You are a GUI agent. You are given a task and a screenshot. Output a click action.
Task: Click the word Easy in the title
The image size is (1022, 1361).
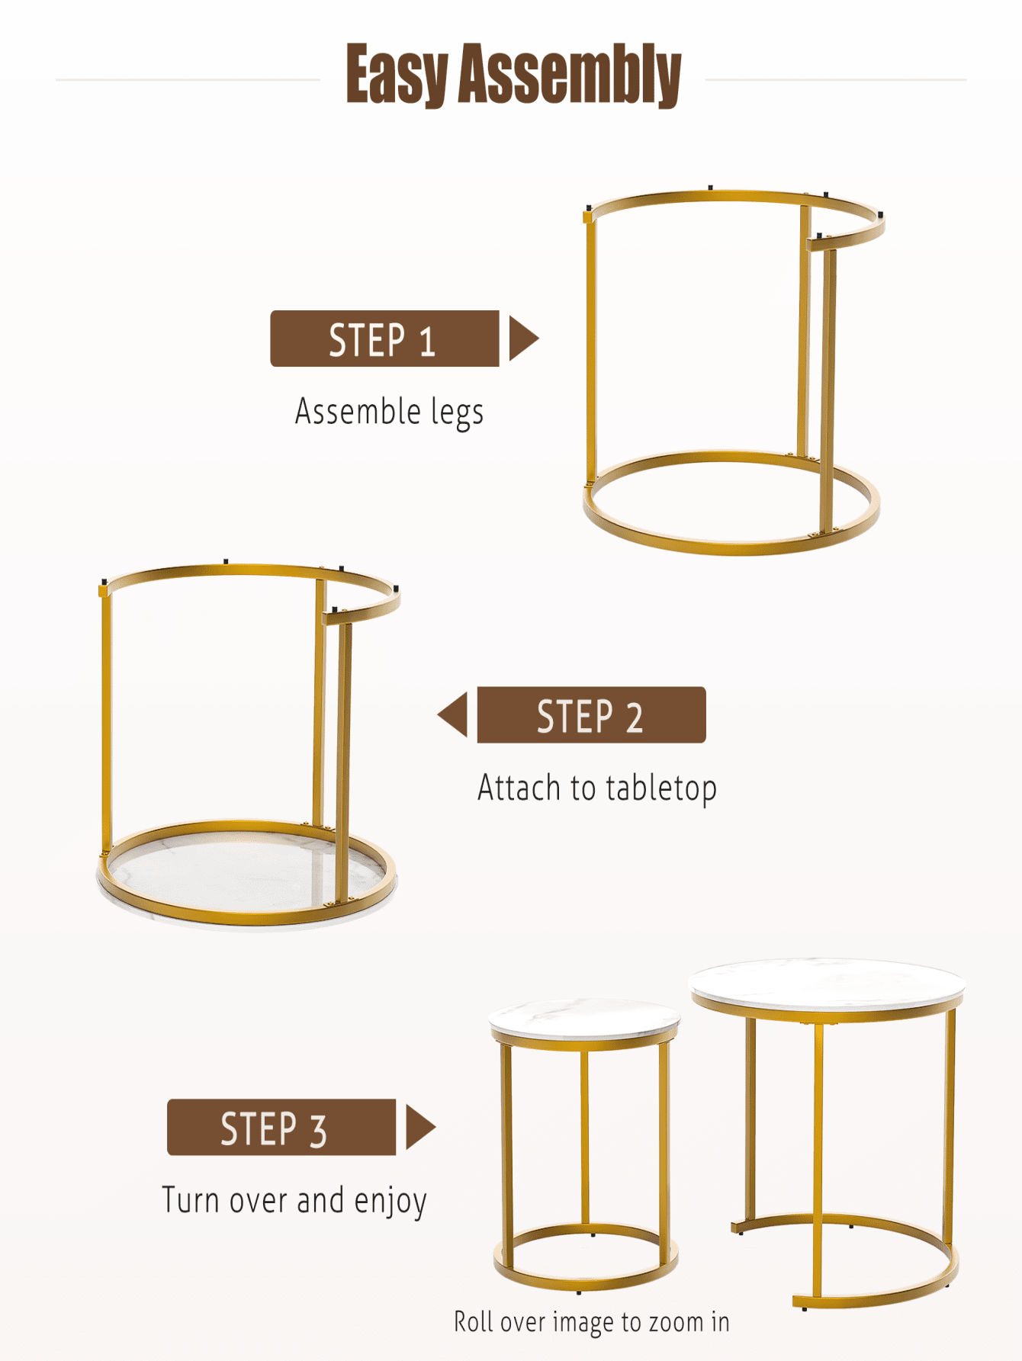396,74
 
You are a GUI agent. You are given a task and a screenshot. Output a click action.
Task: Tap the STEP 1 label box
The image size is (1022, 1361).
384,339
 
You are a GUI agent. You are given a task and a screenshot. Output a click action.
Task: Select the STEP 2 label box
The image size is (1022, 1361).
591,714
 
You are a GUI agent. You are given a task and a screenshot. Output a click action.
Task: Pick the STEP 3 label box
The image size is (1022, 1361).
281,1127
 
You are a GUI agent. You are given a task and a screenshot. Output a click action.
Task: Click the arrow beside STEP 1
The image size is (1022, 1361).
524,339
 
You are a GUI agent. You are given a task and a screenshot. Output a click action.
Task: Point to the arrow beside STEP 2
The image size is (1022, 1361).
452,714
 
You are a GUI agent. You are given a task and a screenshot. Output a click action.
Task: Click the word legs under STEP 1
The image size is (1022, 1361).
457,412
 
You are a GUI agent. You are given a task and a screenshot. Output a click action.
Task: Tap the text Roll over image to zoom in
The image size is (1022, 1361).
592,1321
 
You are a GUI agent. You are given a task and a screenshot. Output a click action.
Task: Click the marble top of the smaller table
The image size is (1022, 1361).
584,1017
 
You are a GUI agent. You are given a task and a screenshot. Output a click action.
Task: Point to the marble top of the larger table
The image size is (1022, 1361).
828,984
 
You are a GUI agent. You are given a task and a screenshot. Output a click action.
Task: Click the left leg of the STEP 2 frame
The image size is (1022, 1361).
106,721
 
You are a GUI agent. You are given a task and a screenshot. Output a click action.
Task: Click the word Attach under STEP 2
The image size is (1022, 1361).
519,788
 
